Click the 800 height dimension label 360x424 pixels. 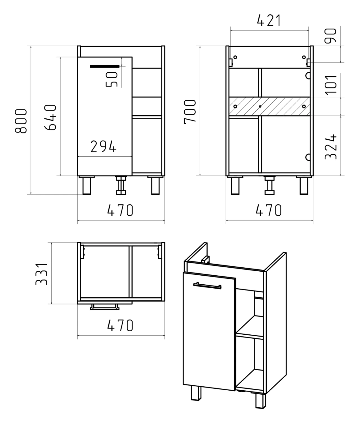coord(21,121)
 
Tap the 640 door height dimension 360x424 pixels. coord(50,117)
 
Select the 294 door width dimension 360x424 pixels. coord(104,146)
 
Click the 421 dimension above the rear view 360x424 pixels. coord(269,20)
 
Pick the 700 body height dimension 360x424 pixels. coord(190,112)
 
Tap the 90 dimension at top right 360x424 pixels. coord(330,36)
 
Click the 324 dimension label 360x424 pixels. coord(331,147)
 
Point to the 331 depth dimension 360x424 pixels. coord(41,274)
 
